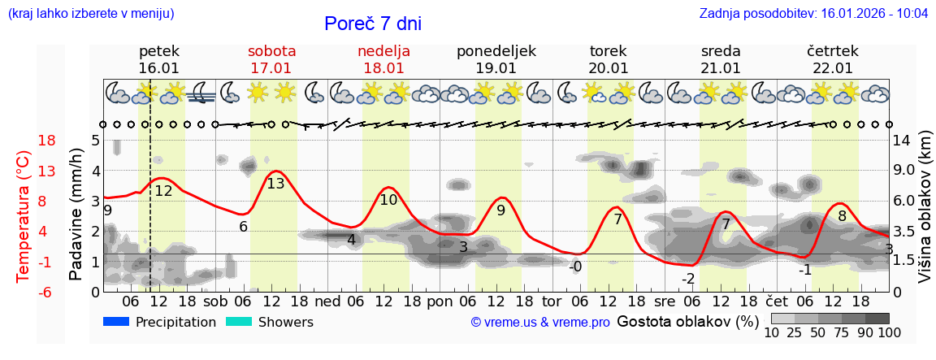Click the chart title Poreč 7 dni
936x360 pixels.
(x=373, y=24)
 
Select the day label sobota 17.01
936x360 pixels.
(x=271, y=59)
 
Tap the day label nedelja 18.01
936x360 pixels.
(x=383, y=59)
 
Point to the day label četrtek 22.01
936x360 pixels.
(x=832, y=59)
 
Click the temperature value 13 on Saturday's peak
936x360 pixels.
(x=275, y=184)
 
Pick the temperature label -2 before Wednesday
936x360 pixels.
(x=688, y=279)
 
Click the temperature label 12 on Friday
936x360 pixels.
(x=163, y=191)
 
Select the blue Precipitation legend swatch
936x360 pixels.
(x=116, y=322)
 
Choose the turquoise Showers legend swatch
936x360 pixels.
(x=239, y=322)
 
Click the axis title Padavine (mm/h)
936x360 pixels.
(x=76, y=215)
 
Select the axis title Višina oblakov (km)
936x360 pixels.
(x=925, y=215)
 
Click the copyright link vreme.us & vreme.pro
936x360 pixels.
(x=540, y=322)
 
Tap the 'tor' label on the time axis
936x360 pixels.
(x=552, y=299)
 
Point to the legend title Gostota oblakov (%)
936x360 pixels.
(x=687, y=321)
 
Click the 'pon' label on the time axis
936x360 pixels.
(x=440, y=299)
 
